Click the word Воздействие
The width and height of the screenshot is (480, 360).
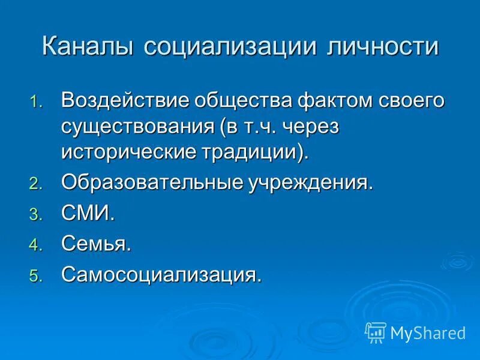coord(119,100)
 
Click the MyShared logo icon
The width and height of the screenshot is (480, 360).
coord(376,332)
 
